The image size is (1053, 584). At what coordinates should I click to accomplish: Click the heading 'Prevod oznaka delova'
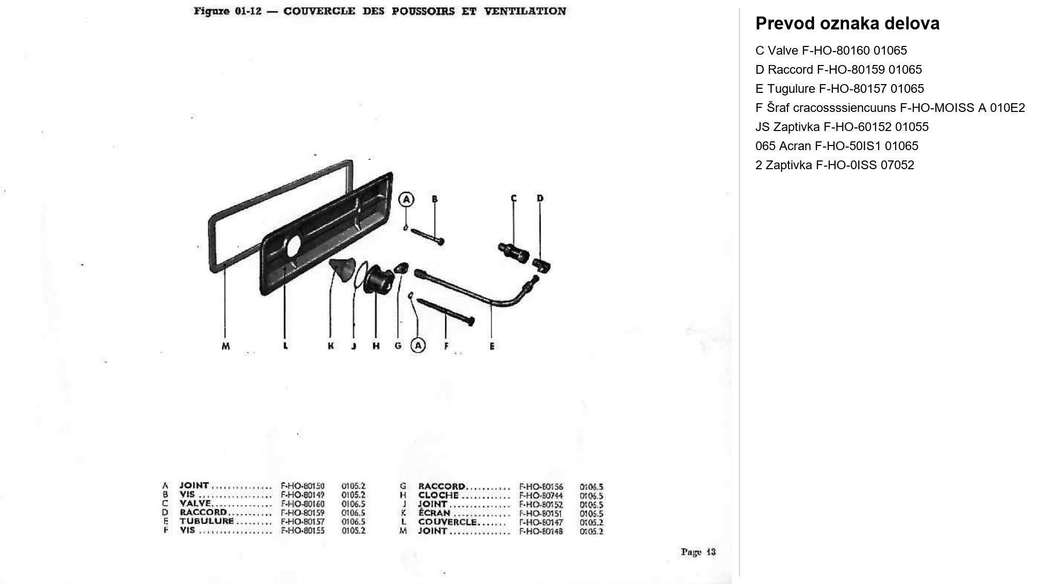click(847, 24)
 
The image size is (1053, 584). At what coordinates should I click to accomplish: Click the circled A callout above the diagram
click(406, 199)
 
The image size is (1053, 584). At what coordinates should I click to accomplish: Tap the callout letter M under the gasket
click(225, 346)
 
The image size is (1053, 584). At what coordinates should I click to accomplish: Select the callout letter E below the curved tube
click(492, 346)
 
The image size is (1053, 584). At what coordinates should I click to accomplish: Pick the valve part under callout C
click(514, 252)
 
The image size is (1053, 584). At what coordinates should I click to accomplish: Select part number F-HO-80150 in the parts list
click(302, 486)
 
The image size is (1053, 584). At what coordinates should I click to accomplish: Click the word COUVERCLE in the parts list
click(447, 522)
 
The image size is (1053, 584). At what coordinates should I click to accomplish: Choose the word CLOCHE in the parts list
click(438, 495)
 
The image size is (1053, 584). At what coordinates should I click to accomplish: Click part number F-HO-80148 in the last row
click(540, 531)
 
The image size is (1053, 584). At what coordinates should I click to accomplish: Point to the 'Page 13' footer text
click(698, 552)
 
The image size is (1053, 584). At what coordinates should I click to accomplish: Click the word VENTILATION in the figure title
click(524, 11)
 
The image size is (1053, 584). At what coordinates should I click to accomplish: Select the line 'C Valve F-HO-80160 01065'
click(831, 51)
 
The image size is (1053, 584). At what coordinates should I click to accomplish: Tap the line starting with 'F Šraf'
click(890, 108)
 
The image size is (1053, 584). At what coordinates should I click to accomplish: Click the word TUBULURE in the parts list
click(206, 521)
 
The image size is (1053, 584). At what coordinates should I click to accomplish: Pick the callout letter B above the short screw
click(434, 199)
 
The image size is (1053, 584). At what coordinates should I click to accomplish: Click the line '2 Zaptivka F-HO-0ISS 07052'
click(834, 165)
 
